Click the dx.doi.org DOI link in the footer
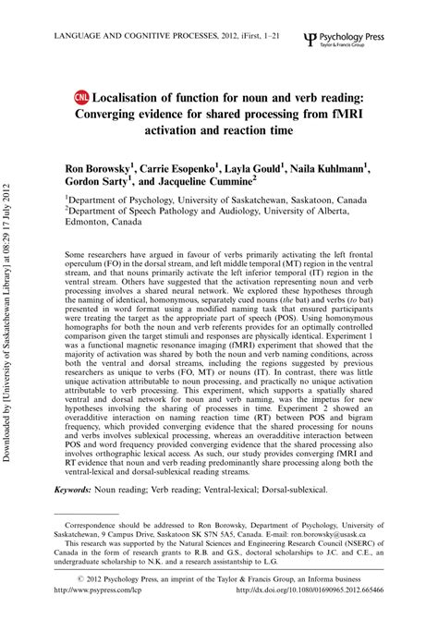click(312, 616)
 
